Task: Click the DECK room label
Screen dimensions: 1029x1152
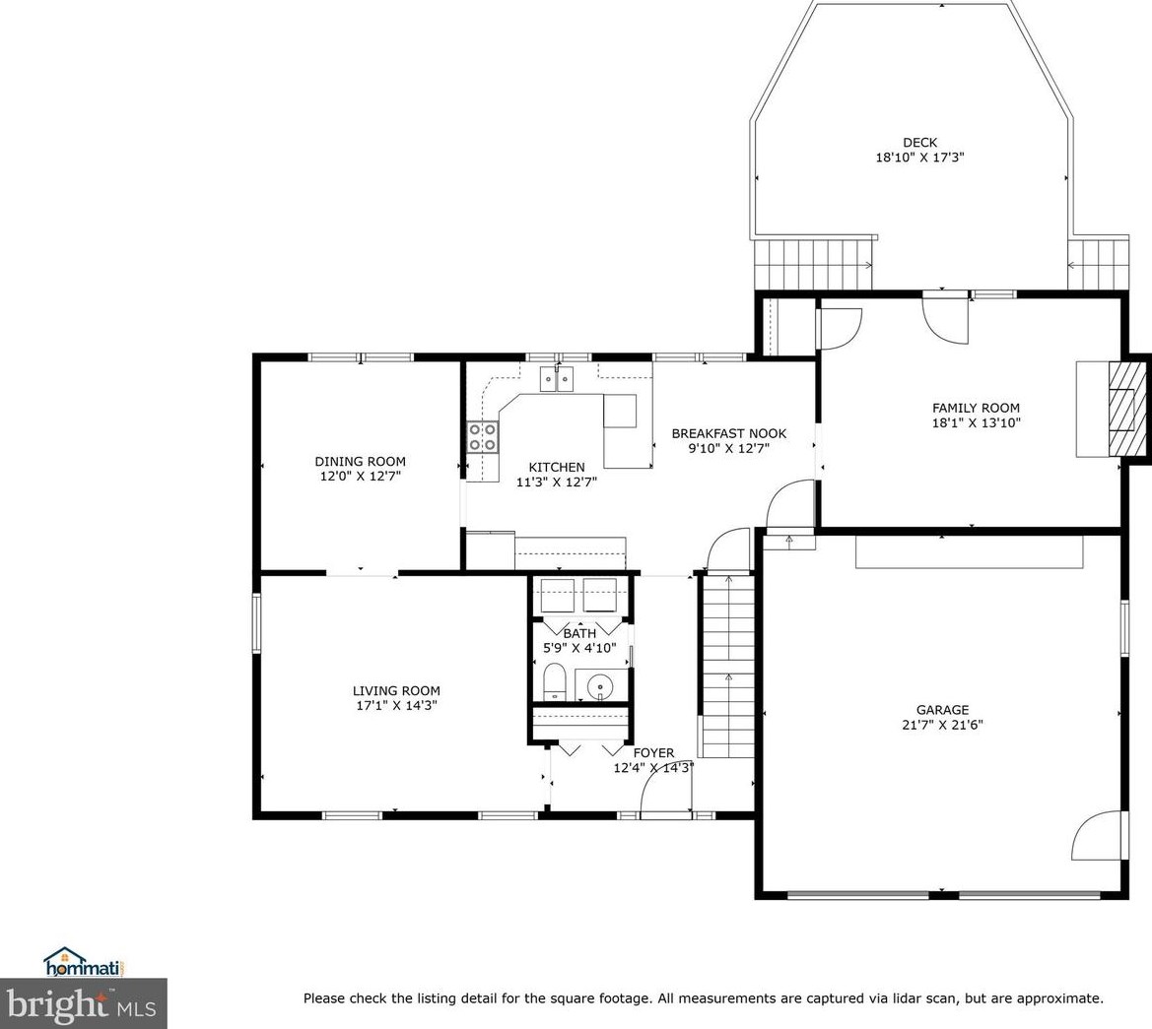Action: pos(919,142)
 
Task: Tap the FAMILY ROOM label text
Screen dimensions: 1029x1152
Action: pos(976,408)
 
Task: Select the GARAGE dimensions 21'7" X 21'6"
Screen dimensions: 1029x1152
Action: pos(942,725)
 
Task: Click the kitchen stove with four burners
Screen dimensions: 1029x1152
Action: pos(482,436)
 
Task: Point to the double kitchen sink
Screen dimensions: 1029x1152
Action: pos(557,378)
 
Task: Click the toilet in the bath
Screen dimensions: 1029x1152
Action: pos(554,682)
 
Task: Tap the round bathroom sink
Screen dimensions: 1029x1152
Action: pos(599,685)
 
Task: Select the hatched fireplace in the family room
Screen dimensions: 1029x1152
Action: pos(1122,409)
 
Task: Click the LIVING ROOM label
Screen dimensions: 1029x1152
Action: pos(396,690)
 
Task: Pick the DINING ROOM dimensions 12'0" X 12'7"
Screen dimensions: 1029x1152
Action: pos(360,476)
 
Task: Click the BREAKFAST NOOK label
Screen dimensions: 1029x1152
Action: pos(728,433)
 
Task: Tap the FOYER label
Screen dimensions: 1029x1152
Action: pos(653,753)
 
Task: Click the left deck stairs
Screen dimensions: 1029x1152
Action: pos(812,264)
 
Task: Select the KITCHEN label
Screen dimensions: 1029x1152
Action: pos(557,467)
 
